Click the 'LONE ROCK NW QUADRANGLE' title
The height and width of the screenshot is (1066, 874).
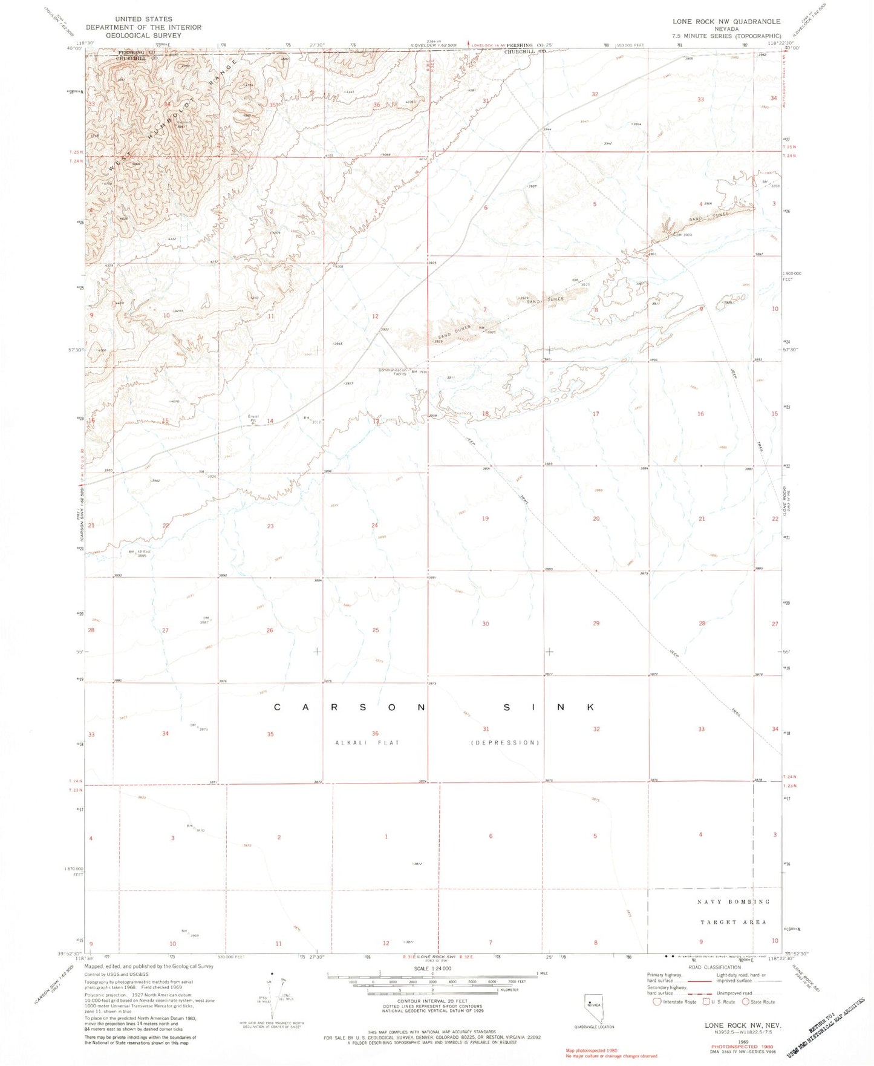point(726,21)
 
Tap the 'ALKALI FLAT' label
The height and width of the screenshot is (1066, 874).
point(367,742)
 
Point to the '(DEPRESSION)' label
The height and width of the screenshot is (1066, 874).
point(505,742)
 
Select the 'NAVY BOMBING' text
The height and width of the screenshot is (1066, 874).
point(734,902)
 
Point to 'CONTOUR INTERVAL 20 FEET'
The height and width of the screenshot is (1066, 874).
point(430,1001)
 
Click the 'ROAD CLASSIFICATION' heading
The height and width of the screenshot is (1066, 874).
point(714,967)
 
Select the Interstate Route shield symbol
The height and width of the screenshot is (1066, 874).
point(657,1001)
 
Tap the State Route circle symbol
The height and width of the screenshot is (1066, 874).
point(745,1001)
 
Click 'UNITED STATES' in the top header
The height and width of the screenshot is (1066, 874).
point(143,19)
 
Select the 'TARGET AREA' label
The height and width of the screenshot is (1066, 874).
point(733,923)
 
